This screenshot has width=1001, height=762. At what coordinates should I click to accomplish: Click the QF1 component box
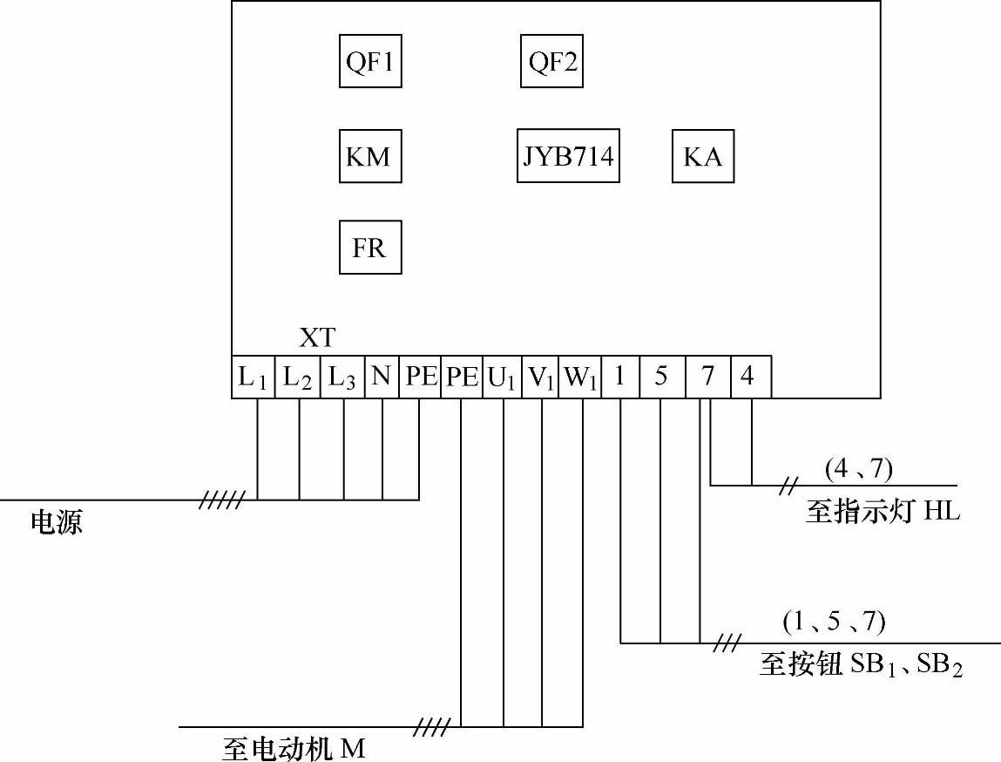coord(370,62)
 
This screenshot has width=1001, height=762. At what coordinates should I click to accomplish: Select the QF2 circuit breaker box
coord(552,62)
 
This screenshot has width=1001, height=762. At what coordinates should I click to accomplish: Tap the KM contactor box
coord(369,157)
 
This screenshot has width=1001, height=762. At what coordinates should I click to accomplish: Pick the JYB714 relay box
coord(568,157)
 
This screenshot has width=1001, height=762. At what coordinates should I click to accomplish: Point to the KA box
coord(703,157)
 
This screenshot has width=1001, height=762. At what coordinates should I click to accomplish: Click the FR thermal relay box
coord(369,248)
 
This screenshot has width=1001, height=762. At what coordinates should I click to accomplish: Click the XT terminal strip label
coord(317,337)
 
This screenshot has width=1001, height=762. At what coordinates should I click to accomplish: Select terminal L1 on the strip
coord(253,377)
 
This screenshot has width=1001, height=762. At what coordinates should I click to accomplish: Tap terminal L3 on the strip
coord(342,377)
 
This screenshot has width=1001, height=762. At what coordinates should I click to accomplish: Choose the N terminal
coord(381,377)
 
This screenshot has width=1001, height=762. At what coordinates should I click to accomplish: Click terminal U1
coord(502,377)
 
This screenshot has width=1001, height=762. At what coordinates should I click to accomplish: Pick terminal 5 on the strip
coord(661,377)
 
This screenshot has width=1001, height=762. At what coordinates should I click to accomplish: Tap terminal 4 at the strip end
coord(748,377)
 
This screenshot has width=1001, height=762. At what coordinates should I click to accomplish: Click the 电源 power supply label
coord(57,522)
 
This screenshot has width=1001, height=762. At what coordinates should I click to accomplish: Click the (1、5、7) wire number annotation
coord(834,622)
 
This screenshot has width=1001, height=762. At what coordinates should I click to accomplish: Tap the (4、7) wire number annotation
coord(859,469)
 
